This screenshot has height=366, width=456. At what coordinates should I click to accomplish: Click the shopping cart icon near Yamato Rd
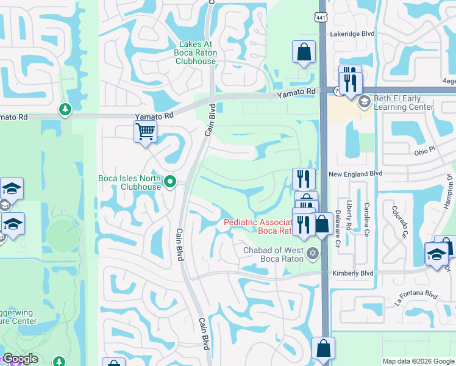(x=145, y=131)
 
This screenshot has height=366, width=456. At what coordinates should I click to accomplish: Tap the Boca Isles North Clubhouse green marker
(x=171, y=181)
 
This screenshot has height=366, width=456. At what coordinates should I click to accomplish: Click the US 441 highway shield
(x=321, y=18)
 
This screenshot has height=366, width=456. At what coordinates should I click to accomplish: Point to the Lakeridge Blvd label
(x=352, y=35)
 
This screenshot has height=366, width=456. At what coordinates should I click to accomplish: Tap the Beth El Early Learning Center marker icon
(x=365, y=101)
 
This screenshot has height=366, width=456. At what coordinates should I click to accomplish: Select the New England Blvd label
(x=355, y=174)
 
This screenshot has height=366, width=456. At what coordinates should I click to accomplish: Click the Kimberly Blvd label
(x=352, y=274)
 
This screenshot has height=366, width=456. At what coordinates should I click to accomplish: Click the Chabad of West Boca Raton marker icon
(x=313, y=253)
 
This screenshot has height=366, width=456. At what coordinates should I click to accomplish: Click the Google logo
(x=20, y=359)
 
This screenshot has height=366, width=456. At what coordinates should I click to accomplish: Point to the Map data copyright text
(x=419, y=361)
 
